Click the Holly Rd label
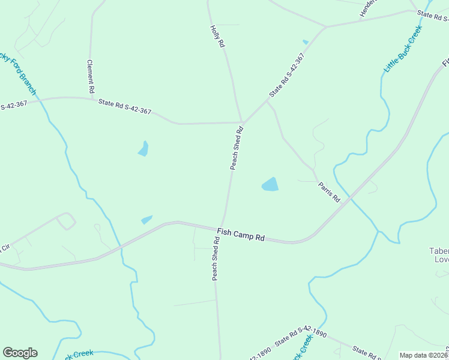click(x=218, y=36)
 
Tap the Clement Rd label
click(x=91, y=76)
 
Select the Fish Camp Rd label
click(x=241, y=233)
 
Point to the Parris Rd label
click(x=329, y=190)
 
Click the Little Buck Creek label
click(x=403, y=49)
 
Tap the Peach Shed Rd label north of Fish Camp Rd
click(x=237, y=148)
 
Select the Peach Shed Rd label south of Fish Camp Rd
click(x=214, y=259)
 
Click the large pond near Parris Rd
click(x=270, y=184)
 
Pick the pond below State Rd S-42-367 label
click(x=143, y=148)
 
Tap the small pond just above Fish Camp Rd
click(x=146, y=220)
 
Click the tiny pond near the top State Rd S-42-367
click(x=306, y=42)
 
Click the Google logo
click(x=20, y=353)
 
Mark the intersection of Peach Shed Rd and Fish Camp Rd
click(x=222, y=226)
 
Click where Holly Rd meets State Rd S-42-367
click(x=242, y=122)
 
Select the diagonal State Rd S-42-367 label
click(x=287, y=76)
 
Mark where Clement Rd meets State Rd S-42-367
click(x=90, y=98)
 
